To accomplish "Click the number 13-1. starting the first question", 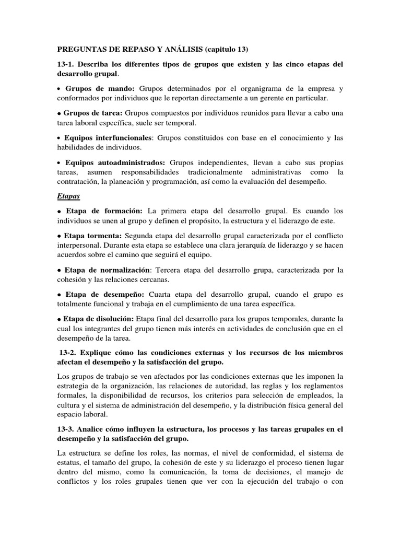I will point(67,64).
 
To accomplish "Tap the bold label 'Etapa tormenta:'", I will point(93,236).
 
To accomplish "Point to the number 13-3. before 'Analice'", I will point(67,429).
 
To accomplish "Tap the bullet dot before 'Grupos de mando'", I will point(58,89).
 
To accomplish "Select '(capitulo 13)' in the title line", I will point(227,50).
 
